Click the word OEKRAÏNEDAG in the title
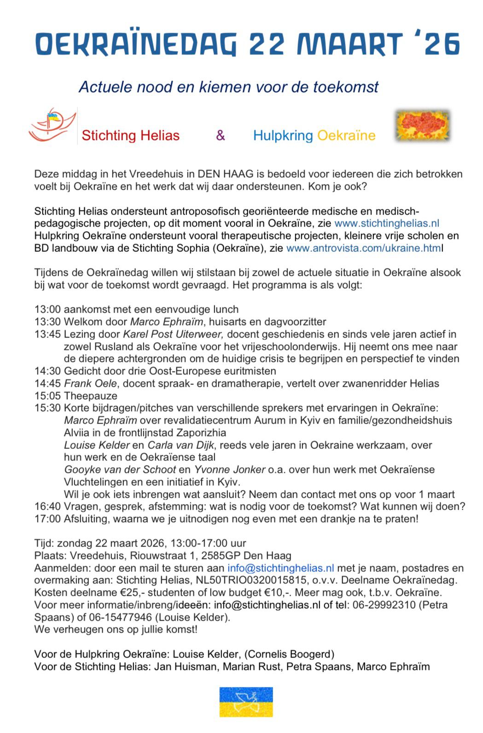pyautogui.click(x=136, y=44)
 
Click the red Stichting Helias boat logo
pyautogui.click(x=52, y=125)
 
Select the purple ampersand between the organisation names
pyautogui.click(x=221, y=135)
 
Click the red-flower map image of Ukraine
pyautogui.click(x=423, y=125)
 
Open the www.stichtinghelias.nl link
pyautogui.click(x=387, y=223)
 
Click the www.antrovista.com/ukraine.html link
pyautogui.click(x=364, y=248)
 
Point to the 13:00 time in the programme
pyautogui.click(x=47, y=309)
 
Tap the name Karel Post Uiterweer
pyautogui.click(x=173, y=334)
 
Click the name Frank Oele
pyautogui.click(x=90, y=384)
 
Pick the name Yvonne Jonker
pyautogui.click(x=229, y=470)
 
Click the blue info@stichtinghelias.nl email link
pyautogui.click(x=281, y=568)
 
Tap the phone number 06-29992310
pyautogui.click(x=384, y=605)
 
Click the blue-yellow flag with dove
pyautogui.click(x=246, y=702)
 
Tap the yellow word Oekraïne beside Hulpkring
pyautogui.click(x=346, y=135)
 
